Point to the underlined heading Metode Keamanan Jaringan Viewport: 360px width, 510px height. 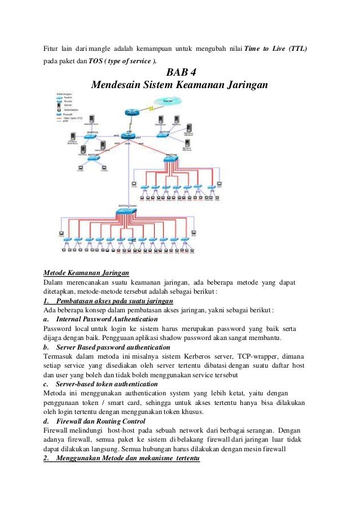coord(86,272)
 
